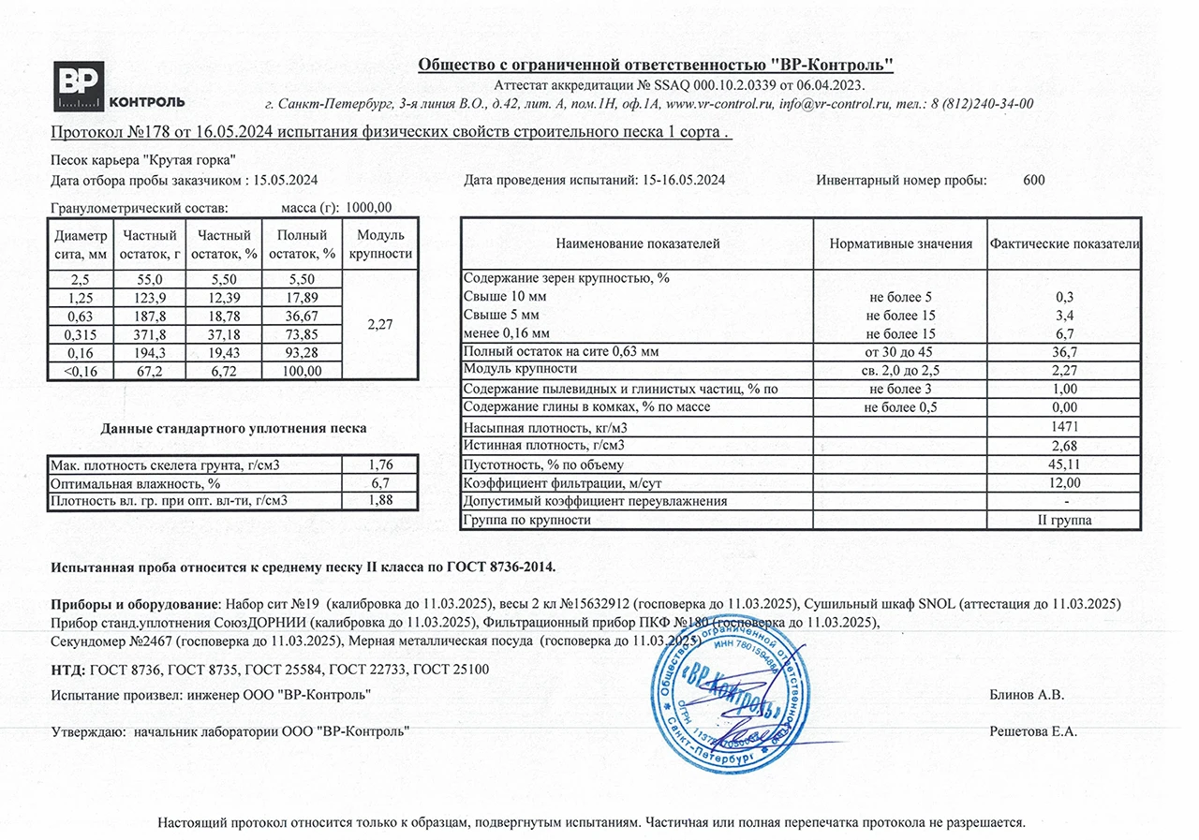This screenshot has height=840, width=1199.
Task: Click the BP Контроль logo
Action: [x=118, y=87]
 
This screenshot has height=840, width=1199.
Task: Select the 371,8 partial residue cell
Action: [x=148, y=335]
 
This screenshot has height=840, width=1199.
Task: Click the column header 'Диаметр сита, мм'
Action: [x=81, y=243]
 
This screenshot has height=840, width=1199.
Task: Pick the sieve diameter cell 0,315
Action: [x=81, y=335]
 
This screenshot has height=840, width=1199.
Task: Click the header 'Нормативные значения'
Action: [x=900, y=243]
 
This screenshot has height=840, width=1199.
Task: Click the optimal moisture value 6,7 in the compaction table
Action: [x=379, y=483]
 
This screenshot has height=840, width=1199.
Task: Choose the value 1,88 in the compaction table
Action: [x=379, y=500]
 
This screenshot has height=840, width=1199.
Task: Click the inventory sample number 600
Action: [x=1034, y=180]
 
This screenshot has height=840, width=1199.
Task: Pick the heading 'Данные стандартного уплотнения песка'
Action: [x=233, y=429]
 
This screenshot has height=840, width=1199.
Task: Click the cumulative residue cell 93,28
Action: [x=302, y=354]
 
